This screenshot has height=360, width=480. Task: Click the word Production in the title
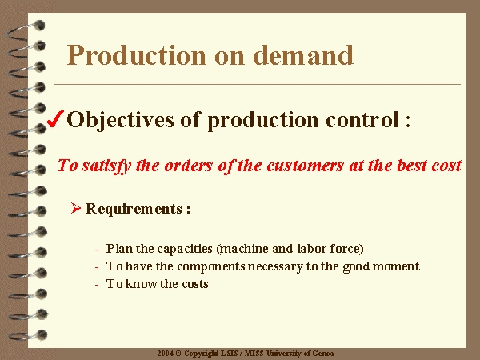pos(137,55)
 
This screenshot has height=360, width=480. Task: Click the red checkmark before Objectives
pos(55,118)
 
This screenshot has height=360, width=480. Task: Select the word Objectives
pos(120,120)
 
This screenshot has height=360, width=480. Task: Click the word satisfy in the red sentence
pos(106,166)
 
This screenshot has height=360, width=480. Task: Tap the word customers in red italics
pos(305,166)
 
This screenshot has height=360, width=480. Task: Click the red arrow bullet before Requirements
pos(75,208)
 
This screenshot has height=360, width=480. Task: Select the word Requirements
pos(134,209)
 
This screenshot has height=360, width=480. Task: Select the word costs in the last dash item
pos(195,284)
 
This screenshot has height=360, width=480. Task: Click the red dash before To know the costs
pos(97,285)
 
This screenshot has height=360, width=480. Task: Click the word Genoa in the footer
pos(323,354)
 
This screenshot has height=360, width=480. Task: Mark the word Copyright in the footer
pos(202,354)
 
